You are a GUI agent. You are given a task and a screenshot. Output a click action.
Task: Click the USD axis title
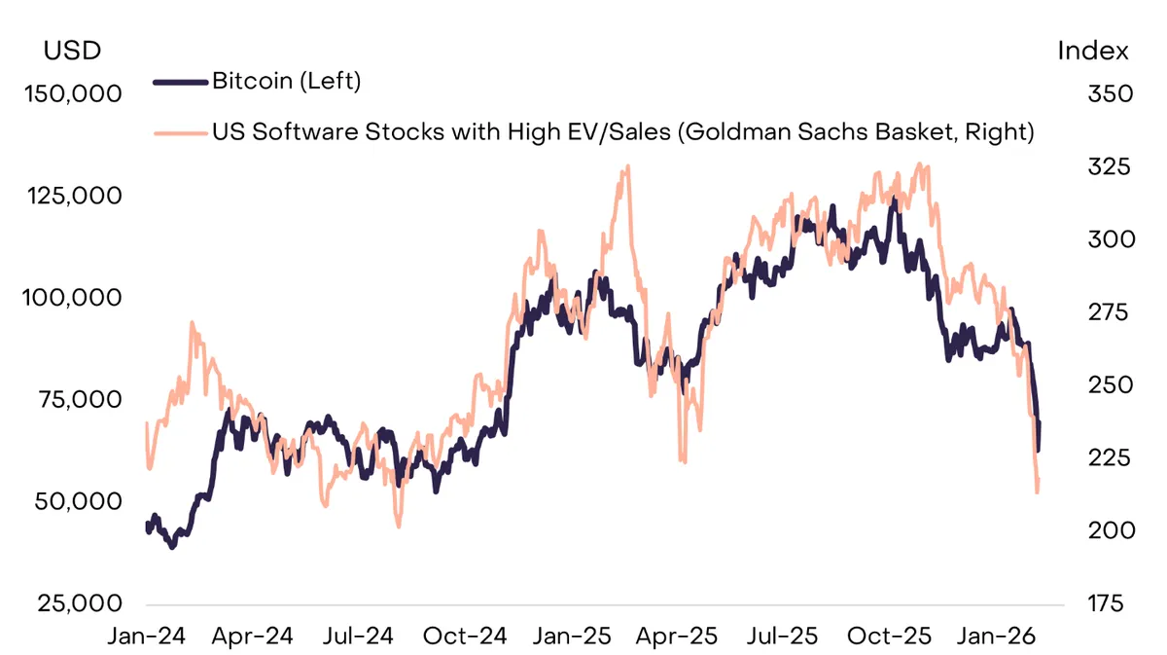coord(72,51)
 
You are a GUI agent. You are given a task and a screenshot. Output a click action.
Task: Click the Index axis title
coord(1093,51)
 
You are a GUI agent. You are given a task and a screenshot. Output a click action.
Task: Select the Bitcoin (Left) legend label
coord(287,82)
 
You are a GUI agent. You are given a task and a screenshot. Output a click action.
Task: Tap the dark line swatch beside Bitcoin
coord(180,82)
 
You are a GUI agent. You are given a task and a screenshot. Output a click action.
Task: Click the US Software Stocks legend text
coord(623,131)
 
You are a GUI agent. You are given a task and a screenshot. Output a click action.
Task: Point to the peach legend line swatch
coord(180,133)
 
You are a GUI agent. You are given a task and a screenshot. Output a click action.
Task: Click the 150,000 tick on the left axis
coord(73,93)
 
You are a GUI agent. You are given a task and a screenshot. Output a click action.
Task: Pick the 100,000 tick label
coord(72,298)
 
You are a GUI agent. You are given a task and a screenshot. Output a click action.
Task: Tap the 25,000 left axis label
coord(79,603)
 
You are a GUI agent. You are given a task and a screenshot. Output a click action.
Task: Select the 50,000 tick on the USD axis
coord(78,501)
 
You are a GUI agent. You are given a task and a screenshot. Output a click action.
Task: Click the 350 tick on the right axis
coord(1111,93)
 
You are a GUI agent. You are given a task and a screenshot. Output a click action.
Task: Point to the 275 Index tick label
coord(1108,312)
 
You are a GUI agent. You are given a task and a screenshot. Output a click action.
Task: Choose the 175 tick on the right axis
coord(1106,603)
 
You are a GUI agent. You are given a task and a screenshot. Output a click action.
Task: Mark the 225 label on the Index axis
coord(1110,457)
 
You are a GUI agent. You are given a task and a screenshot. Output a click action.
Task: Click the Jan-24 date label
coord(147,637)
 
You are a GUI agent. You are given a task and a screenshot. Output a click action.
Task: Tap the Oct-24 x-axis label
coord(465,637)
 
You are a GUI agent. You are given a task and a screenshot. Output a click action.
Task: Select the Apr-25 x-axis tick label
coord(677,637)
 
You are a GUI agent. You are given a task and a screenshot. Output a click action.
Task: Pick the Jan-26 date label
coord(996,637)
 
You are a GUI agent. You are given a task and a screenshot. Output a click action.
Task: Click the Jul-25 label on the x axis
coord(783,637)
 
